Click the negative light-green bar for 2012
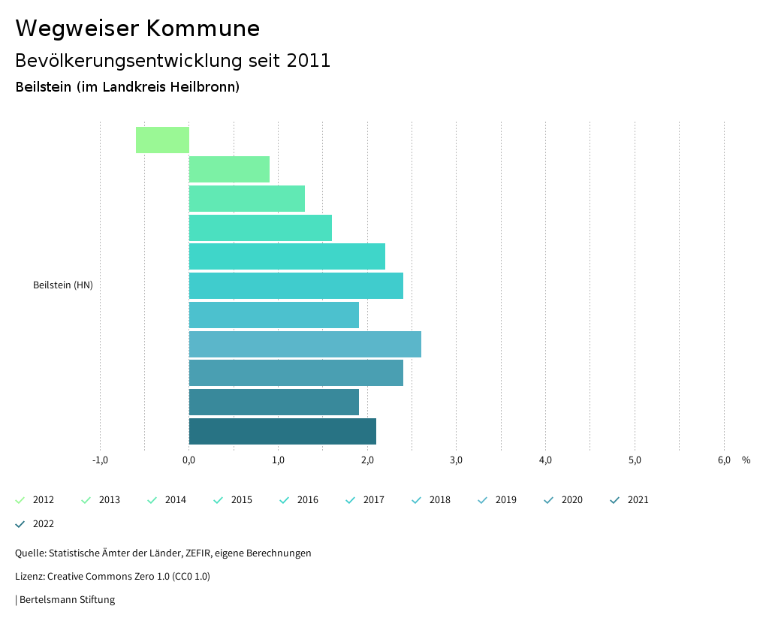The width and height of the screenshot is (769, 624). (162, 140)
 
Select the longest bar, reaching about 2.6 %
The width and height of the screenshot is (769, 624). (304, 344)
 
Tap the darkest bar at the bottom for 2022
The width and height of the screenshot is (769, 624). (282, 432)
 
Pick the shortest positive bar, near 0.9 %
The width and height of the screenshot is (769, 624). (229, 170)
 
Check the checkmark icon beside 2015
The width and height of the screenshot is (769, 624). (219, 500)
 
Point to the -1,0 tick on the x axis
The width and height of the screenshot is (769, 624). (100, 460)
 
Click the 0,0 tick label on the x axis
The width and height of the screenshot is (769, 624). (188, 460)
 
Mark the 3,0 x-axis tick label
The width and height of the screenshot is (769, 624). (456, 460)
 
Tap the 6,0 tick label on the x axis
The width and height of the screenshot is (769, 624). (723, 460)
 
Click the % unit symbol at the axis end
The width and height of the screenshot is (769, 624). (746, 460)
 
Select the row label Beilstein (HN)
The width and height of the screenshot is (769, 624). (63, 285)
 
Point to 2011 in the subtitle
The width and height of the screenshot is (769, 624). (309, 61)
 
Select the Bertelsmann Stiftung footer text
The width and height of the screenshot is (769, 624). (67, 600)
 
